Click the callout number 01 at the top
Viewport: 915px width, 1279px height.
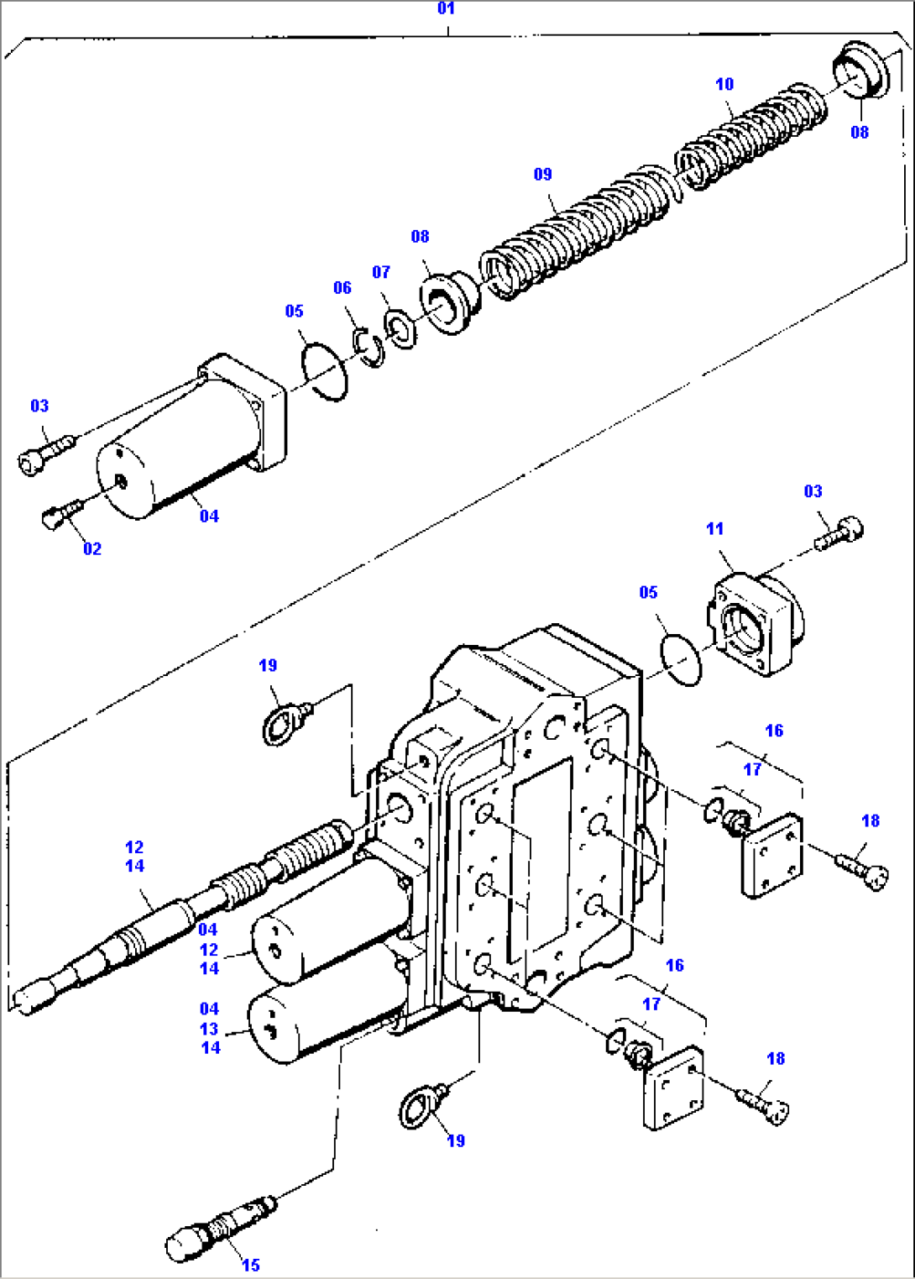pos(446,8)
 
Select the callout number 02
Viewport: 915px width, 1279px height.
pos(92,549)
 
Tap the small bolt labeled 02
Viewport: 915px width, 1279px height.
pos(60,514)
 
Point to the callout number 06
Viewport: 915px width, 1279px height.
pos(342,288)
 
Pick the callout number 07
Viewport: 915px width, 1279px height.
pos(381,272)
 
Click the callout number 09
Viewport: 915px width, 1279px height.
pos(543,175)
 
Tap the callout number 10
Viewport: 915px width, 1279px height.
pos(724,85)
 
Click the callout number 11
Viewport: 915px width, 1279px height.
pos(714,529)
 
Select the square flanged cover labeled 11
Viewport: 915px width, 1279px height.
pos(753,622)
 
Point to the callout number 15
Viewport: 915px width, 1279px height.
pos(251,1265)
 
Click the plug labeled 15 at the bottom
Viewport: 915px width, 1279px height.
pos(218,1228)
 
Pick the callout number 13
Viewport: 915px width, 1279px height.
pos(209,1029)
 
